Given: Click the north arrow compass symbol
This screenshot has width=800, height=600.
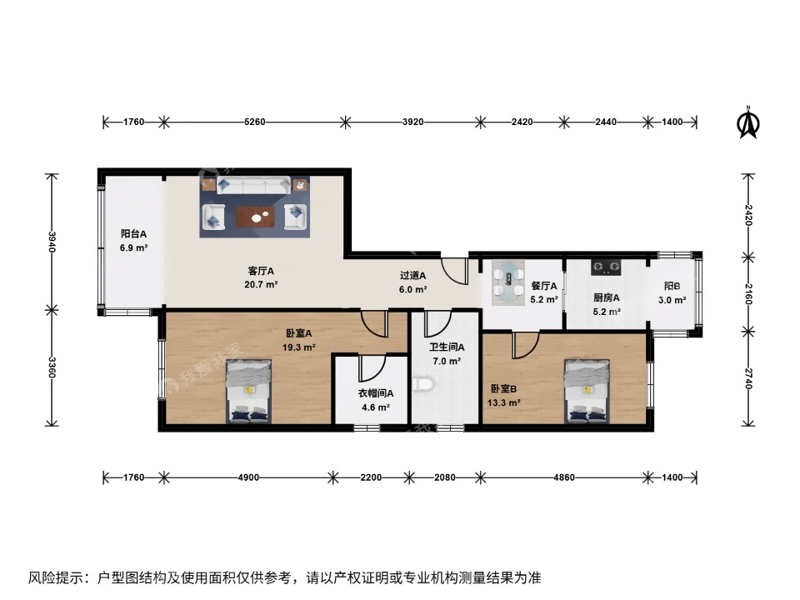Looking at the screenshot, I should pos(749,122).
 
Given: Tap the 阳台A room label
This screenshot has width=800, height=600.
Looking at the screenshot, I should pos(133,234).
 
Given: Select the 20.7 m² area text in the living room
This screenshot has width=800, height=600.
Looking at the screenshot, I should pos(262,284).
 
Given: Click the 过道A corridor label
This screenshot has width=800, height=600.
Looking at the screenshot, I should pos(412,275).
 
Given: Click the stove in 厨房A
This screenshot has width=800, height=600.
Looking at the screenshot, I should pos(607,267).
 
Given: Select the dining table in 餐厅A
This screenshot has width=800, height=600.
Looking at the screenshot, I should pos(507,280).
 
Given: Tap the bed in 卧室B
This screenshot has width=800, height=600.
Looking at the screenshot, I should pos(587,391).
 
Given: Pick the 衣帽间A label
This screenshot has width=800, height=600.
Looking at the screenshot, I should pos(376,393).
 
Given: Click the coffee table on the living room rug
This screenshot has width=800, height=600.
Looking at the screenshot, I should pos(254,217).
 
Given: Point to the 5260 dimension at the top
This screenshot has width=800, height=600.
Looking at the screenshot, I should pos(254,122).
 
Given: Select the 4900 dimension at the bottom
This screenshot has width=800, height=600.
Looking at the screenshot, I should pos(248,477).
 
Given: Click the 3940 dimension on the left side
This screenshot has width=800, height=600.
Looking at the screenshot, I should pos(52,242).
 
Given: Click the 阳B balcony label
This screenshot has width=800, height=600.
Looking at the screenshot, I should pos(672,286).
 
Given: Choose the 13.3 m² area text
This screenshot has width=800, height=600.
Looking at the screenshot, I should pos(504,402).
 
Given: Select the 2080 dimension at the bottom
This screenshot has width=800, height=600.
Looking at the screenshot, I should pos(445,477).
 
